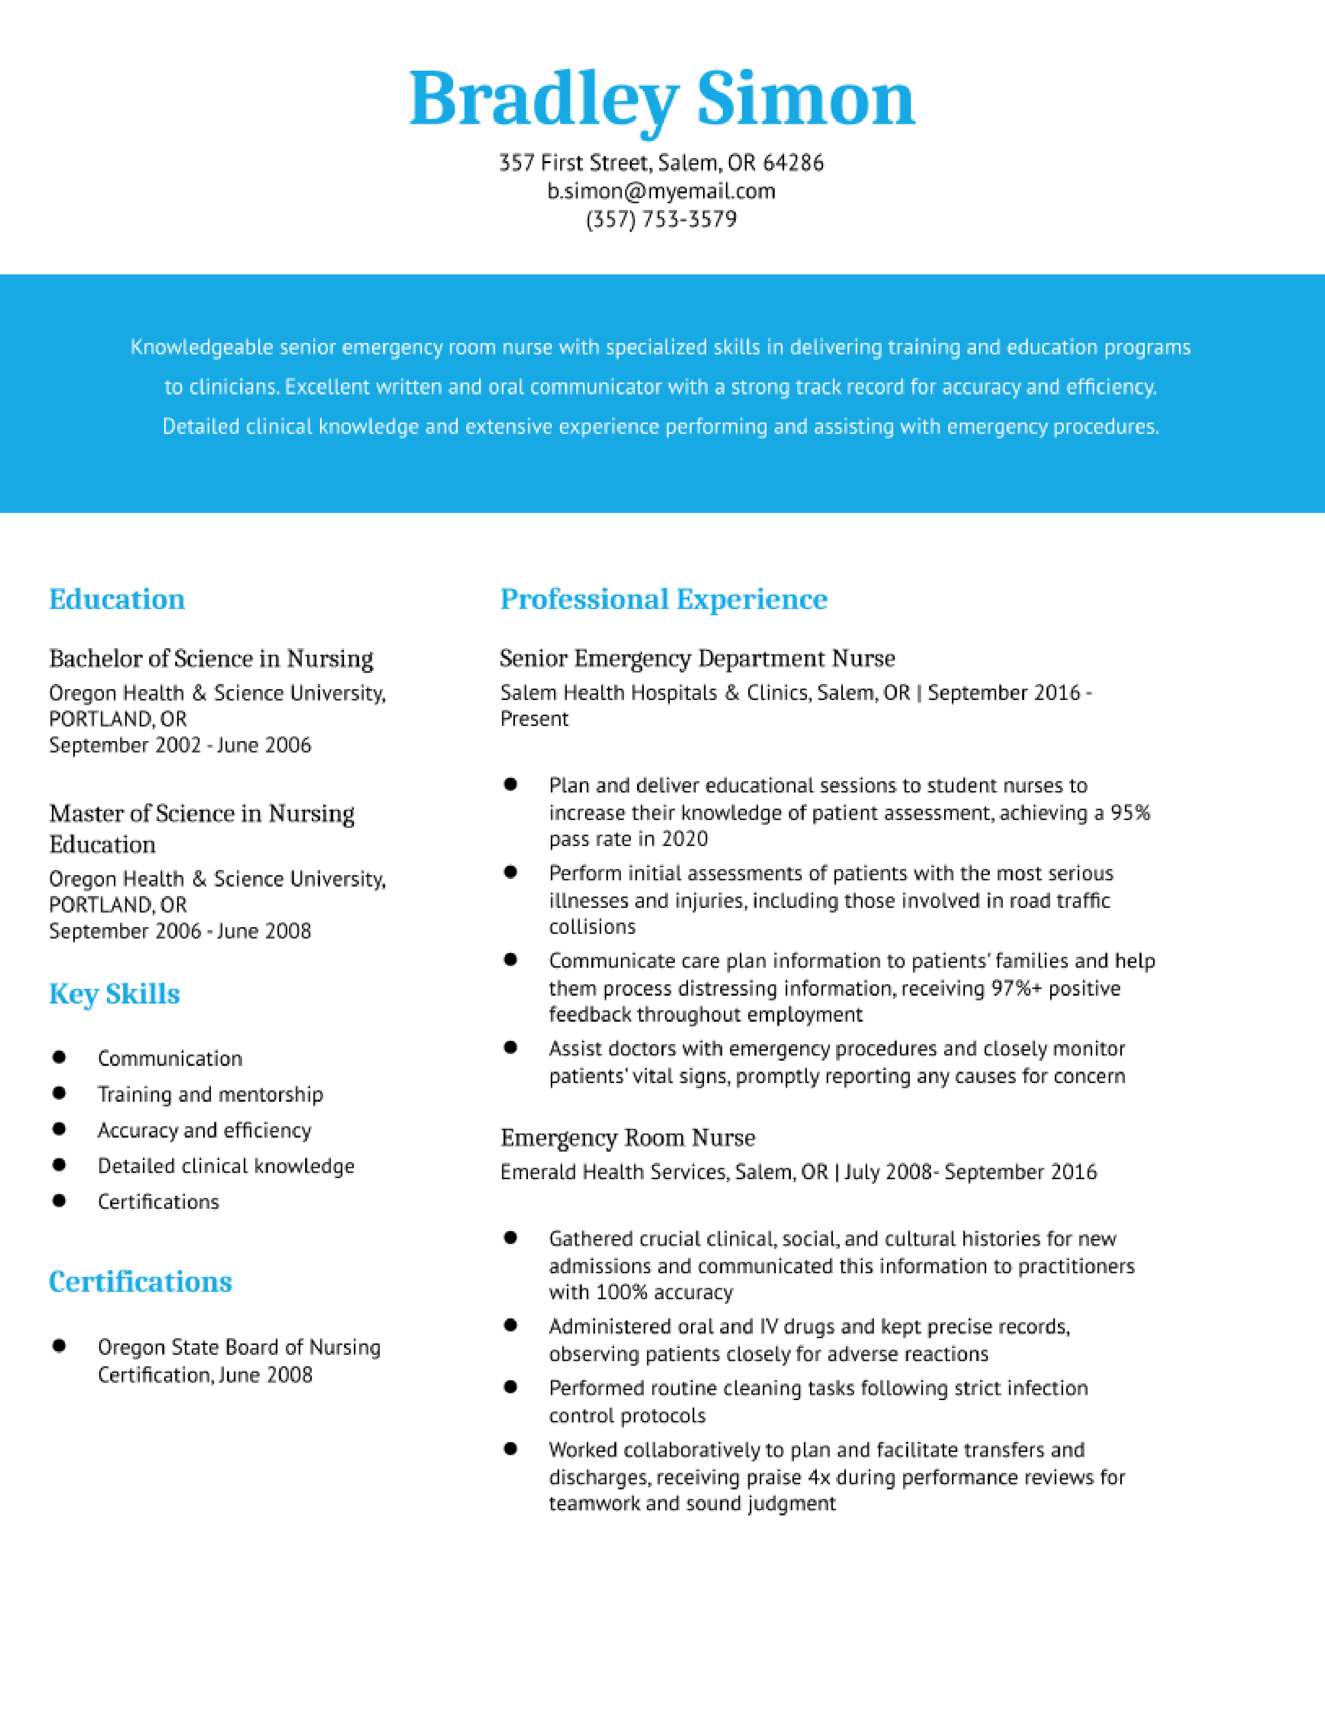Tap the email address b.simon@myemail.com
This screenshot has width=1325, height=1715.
pos(661,191)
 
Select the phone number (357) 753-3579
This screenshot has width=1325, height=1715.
pos(661,219)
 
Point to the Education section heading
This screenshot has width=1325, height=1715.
pos(117,599)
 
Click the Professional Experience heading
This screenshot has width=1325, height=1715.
pos(664,599)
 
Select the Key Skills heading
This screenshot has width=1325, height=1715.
pos(115,994)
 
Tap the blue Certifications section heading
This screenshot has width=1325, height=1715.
pos(140,1282)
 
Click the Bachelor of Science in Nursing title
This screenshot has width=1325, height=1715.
pos(211,658)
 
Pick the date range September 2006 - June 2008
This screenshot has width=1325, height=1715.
pos(180,931)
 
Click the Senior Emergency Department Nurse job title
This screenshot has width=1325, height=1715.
pos(697,658)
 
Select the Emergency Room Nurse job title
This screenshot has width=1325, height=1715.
pos(628,1137)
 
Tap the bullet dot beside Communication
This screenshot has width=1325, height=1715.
pos(59,1057)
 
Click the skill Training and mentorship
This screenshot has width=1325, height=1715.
pos(210,1094)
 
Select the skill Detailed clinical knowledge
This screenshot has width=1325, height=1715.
pos(226,1166)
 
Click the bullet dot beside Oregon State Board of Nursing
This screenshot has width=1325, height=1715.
pos(59,1346)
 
